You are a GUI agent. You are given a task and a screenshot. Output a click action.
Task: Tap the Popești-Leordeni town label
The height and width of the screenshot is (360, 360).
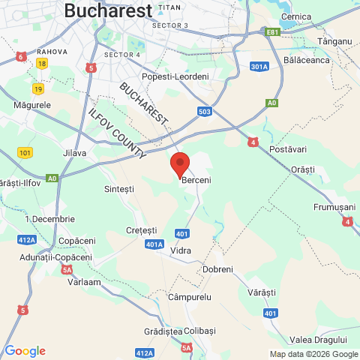tap(176, 76)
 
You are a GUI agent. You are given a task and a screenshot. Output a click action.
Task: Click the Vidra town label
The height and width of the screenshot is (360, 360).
tap(180, 249)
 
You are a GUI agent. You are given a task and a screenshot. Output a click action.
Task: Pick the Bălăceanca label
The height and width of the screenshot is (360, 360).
tap(307, 60)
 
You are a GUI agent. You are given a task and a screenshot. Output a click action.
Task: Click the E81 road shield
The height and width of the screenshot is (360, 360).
tap(272, 31)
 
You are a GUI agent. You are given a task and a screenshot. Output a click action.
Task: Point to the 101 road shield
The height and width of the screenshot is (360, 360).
tap(25, 152)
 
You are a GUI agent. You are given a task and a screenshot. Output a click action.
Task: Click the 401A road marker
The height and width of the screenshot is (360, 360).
tap(155, 244)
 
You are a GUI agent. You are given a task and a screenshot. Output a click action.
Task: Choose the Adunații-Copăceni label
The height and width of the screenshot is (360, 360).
tap(46, 257)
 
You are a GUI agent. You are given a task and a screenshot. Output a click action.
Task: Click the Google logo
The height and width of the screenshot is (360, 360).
tap(25, 350)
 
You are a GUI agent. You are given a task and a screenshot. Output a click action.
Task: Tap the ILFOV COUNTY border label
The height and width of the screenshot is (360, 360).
tap(117, 133)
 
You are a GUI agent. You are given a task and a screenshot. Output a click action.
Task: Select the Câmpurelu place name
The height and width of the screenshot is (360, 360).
tap(189, 297)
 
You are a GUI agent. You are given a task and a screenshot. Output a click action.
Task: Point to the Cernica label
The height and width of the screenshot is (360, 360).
tap(295, 16)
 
